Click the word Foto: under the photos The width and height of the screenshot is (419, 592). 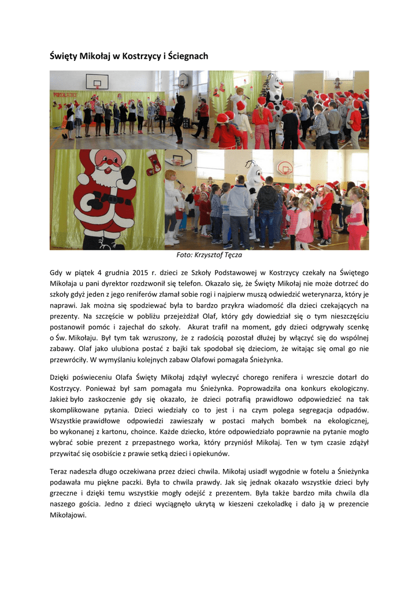(x=186, y=254)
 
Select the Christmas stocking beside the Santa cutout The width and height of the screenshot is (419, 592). (x=154, y=161)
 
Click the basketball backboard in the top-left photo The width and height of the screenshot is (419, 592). (x=97, y=81)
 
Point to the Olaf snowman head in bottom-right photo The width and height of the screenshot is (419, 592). (x=254, y=173)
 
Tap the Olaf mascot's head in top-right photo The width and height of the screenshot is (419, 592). (x=275, y=84)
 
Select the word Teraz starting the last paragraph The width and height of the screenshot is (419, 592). (x=61, y=471)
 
